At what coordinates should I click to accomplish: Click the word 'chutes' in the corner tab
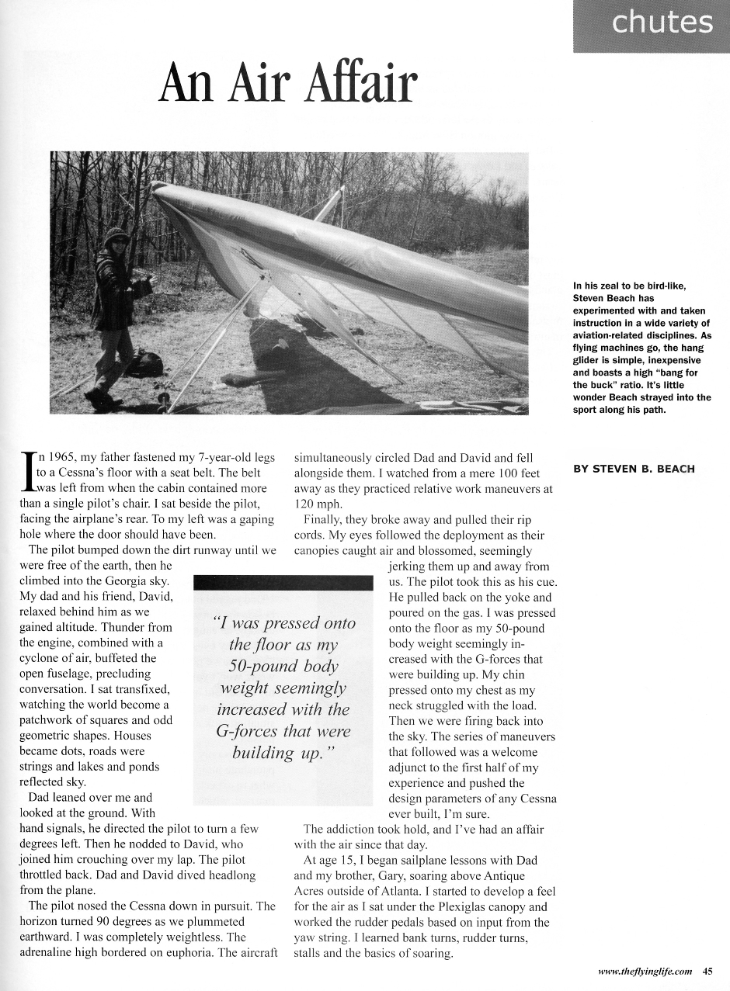pos(662,23)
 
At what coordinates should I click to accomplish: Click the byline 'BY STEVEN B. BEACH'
pos(633,469)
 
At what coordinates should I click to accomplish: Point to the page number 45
pos(707,970)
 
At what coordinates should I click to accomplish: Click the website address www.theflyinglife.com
pos(645,970)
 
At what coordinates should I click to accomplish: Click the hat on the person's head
pos(116,235)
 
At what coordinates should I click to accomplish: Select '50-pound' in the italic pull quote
pos(283,666)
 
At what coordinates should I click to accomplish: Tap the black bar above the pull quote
pos(283,582)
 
